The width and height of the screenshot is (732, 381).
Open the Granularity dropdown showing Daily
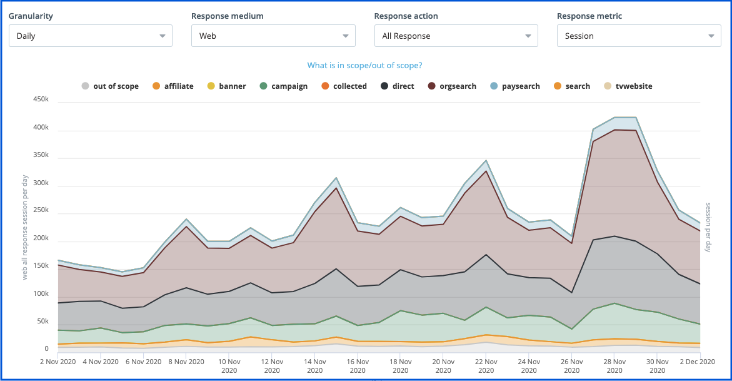click(x=90, y=36)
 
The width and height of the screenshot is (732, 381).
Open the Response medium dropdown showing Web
click(x=273, y=36)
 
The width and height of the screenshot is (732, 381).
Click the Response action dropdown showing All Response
click(x=456, y=36)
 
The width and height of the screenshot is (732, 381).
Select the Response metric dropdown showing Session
click(x=638, y=36)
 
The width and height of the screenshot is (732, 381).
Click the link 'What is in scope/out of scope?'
click(x=364, y=66)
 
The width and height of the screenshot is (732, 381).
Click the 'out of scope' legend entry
click(x=110, y=86)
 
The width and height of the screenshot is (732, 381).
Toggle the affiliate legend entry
click(x=173, y=86)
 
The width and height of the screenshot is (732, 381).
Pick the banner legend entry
click(x=226, y=86)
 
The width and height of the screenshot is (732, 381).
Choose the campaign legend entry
click(x=283, y=86)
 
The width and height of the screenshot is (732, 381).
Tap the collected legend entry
click(x=344, y=86)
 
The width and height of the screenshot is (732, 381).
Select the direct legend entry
click(x=398, y=86)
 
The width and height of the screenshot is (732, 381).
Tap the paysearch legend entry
click(x=514, y=86)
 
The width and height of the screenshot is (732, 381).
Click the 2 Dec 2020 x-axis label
click(x=700, y=362)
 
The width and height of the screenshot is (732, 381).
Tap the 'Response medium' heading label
click(x=228, y=16)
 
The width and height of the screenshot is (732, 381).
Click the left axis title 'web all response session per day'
click(x=25, y=228)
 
